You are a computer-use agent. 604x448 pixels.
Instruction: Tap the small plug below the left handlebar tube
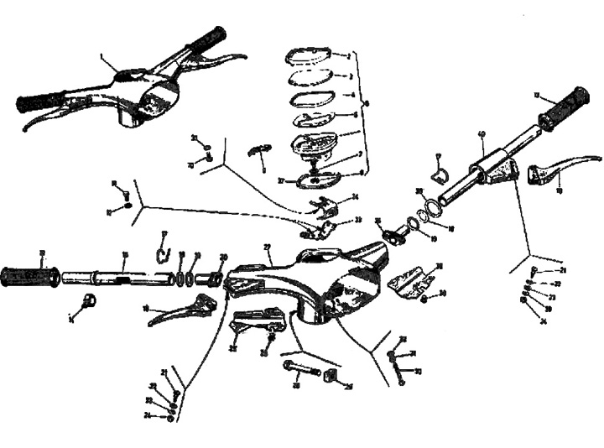[x=88, y=301]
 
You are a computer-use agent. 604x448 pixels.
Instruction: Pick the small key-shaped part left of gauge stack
[x=259, y=150]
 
